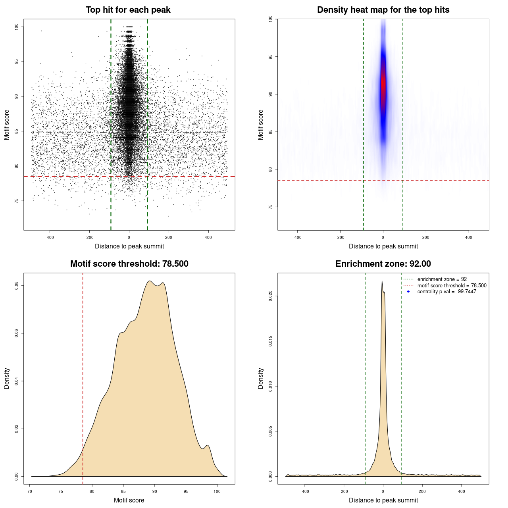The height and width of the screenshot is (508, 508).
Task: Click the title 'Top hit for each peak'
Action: click(x=128, y=10)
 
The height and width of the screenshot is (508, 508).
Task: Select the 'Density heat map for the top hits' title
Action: click(x=383, y=10)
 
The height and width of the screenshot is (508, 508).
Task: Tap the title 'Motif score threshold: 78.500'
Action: click(x=129, y=264)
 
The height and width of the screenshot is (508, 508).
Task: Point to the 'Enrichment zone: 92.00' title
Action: click(x=383, y=264)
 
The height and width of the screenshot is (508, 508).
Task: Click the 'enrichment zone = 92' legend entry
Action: click(x=442, y=279)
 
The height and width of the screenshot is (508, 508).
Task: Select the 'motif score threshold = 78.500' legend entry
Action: click(x=452, y=285)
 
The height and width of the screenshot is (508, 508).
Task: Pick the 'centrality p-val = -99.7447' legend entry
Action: click(x=446, y=292)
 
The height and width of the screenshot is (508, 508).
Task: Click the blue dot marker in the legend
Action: click(x=408, y=292)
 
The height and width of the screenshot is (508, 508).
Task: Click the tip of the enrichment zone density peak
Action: click(x=382, y=281)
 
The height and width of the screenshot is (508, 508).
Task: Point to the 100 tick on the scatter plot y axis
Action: click(x=17, y=27)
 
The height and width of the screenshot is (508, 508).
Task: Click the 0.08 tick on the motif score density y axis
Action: click(x=17, y=285)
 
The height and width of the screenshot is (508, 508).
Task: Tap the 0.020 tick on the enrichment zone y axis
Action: click(x=271, y=296)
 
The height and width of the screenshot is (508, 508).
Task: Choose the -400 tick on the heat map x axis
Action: click(x=297, y=237)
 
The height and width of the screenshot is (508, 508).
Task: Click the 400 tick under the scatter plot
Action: click(x=208, y=237)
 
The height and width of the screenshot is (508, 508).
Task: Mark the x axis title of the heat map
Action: click(x=383, y=246)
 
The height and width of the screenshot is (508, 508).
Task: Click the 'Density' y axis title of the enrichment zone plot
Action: click(x=261, y=378)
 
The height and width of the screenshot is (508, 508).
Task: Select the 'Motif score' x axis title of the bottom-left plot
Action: click(x=129, y=500)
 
